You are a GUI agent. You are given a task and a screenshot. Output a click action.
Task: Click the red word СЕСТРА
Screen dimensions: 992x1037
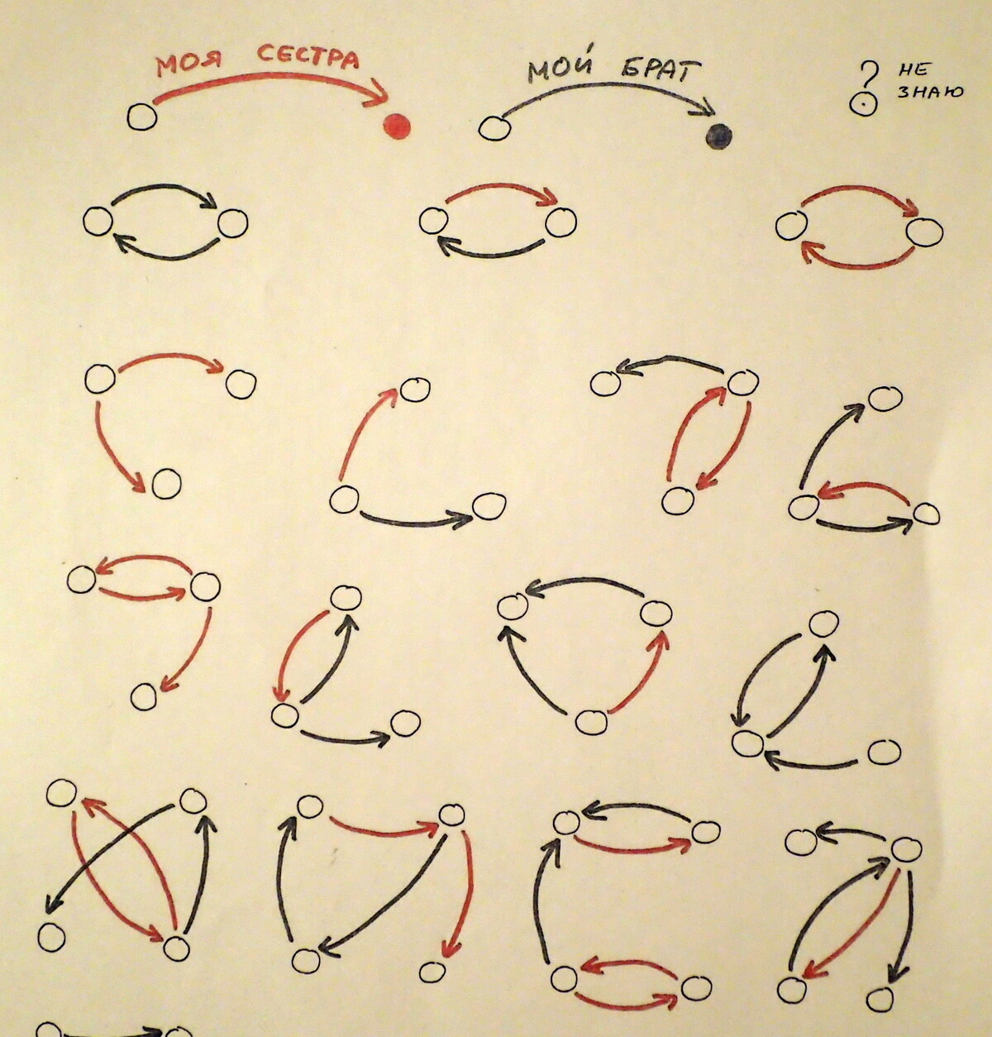pos(308,56)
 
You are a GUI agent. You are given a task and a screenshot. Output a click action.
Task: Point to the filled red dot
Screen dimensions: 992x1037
pos(398,127)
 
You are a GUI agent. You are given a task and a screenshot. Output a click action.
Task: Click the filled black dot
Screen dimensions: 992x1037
pos(718,136)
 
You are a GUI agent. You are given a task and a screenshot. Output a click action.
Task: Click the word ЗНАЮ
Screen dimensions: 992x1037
pos(930,92)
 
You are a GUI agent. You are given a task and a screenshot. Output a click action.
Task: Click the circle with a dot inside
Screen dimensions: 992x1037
pos(863,103)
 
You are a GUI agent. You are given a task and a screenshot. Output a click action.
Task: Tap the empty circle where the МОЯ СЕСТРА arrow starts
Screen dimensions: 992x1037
pos(141,117)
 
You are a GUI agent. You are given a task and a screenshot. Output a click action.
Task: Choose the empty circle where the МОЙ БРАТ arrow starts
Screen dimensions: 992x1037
pos(494,128)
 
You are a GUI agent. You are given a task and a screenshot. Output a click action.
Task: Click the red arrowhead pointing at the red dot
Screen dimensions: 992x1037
pos(379,93)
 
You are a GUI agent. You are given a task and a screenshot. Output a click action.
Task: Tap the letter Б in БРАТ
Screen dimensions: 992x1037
pos(633,70)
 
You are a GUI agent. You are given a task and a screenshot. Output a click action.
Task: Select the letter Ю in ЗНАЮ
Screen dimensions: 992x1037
pos(952,92)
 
